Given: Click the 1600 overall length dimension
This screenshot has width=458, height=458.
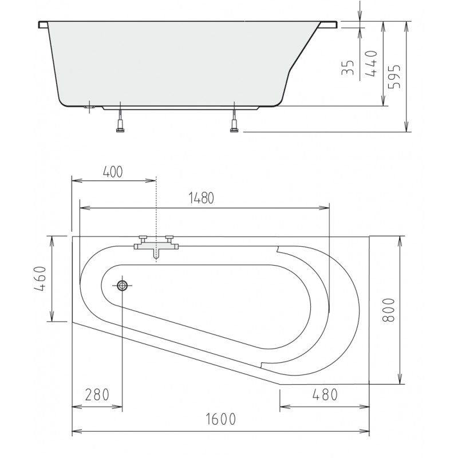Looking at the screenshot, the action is tap(221, 419).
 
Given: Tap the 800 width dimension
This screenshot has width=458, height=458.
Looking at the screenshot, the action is tap(389, 310).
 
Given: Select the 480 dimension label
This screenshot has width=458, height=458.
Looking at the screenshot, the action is tap(325, 395).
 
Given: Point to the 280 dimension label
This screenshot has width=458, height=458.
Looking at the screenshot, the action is tap(97, 395).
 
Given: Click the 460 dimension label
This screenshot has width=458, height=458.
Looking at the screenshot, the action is tap(40, 279).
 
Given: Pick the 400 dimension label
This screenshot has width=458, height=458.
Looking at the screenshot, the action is tap(113, 172).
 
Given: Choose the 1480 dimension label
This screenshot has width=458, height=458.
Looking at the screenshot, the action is tap(202, 198).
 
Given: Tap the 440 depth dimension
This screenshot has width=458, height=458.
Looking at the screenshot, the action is tap(372, 64).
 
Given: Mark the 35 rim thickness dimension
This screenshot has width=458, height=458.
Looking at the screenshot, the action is tap(348, 68).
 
